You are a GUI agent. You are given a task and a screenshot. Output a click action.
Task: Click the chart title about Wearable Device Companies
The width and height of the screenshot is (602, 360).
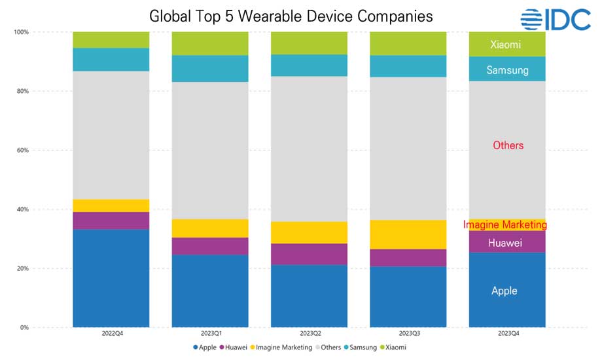291,16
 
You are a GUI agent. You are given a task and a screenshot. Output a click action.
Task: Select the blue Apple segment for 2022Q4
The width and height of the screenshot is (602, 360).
111,278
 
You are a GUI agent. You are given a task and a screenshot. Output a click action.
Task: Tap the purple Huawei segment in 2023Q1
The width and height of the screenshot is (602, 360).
210,246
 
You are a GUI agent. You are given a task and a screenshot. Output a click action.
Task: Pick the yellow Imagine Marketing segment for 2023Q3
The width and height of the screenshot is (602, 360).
408,234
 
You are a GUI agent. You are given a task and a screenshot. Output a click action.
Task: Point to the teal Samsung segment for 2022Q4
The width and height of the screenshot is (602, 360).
111,59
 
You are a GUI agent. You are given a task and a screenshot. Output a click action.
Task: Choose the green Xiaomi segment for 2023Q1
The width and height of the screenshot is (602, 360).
210,43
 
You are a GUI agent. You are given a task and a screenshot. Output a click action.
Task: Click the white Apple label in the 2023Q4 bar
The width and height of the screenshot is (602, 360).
505,291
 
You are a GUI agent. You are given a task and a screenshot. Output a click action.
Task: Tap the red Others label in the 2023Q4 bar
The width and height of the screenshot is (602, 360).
508,145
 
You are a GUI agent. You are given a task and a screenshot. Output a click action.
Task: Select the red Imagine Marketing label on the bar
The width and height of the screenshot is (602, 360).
505,225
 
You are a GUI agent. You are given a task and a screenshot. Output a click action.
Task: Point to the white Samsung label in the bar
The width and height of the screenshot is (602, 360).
507,70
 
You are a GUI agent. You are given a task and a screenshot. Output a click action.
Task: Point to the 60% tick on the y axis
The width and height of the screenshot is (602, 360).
22,151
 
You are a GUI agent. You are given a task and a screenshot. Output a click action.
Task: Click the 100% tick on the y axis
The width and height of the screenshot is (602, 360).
21,32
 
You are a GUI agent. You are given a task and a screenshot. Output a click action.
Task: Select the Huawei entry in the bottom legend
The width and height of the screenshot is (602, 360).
234,347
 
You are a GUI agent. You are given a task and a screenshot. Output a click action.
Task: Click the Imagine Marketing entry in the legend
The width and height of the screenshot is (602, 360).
283,347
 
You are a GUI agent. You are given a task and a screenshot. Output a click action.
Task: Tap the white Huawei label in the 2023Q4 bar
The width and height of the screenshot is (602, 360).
505,243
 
